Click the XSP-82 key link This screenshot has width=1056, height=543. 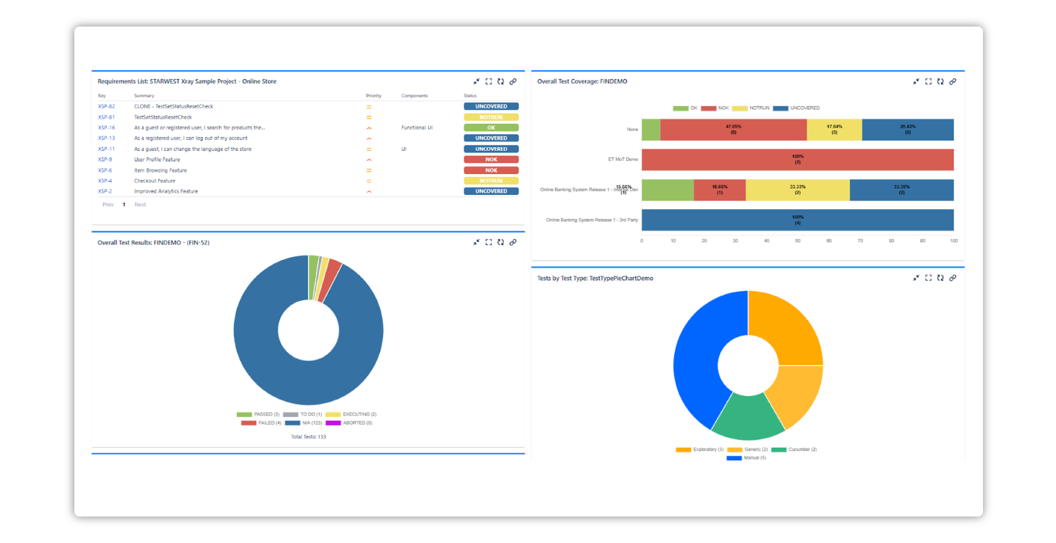coord(106,106)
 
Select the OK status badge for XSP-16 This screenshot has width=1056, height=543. coord(491,128)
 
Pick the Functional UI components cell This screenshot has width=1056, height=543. coord(417,128)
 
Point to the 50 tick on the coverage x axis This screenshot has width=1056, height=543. coord(797,241)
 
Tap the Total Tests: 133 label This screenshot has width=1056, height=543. coord(308,437)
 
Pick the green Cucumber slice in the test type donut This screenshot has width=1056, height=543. coord(748,418)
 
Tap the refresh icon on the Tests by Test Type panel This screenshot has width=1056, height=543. coord(940,278)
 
